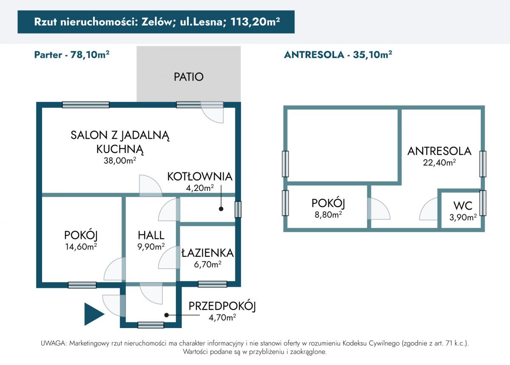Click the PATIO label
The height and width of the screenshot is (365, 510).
189,77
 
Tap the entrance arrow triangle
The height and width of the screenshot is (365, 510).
94,314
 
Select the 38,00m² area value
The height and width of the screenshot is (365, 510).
120,160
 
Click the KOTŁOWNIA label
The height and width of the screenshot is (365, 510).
200,177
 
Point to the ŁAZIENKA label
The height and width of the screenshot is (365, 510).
207,253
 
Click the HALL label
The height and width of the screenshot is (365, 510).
151,235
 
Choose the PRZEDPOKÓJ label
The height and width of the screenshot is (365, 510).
222,306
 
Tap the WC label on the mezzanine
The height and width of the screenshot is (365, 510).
463,205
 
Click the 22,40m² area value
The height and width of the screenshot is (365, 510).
439,163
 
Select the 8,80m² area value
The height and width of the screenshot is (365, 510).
328,214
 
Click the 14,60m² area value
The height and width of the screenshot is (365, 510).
81,247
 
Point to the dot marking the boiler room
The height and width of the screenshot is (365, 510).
221,209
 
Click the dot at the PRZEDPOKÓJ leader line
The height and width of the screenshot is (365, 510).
167,315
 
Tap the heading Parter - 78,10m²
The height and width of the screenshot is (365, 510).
72,55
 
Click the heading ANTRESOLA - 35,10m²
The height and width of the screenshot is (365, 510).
338,55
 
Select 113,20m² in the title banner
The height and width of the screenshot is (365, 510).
255,22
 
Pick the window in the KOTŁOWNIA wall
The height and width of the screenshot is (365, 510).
238,209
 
